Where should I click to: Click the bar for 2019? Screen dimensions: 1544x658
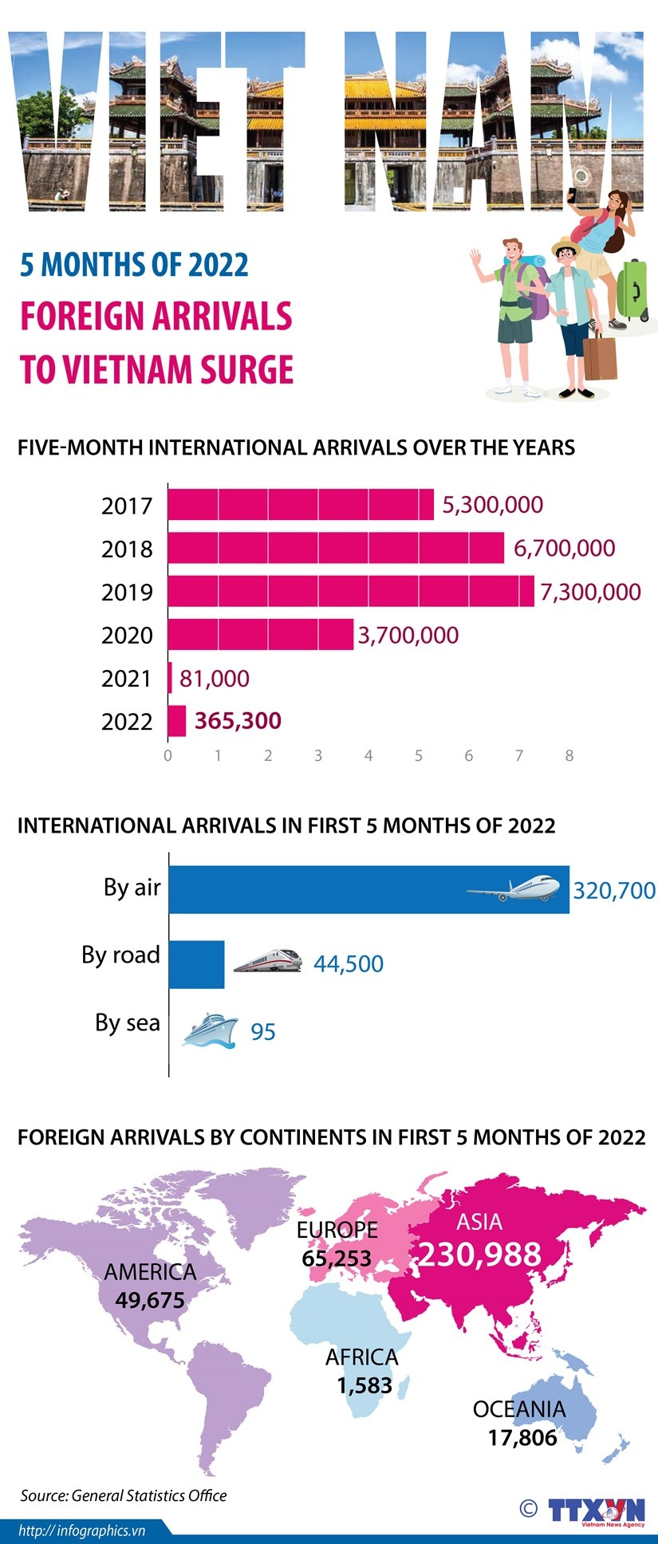[351, 591]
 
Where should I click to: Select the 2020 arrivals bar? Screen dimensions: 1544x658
[261, 635]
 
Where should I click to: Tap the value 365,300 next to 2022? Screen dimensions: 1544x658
[238, 721]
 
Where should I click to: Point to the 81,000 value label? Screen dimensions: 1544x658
[214, 679]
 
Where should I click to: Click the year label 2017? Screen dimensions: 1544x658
[127, 506]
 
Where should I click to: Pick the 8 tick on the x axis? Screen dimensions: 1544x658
[569, 755]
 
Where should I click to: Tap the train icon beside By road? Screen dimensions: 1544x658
[268, 960]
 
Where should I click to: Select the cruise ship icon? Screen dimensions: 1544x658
[210, 1030]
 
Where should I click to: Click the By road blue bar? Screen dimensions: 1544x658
[197, 964]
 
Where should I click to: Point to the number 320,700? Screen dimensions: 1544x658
[614, 890]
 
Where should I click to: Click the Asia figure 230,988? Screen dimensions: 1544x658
[479, 1254]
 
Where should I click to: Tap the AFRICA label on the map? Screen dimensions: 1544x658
[361, 1357]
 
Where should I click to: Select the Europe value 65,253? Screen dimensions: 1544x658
[337, 1258]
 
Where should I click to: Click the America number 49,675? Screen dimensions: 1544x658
[150, 1300]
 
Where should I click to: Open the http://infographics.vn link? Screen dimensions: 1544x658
[81, 1530]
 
